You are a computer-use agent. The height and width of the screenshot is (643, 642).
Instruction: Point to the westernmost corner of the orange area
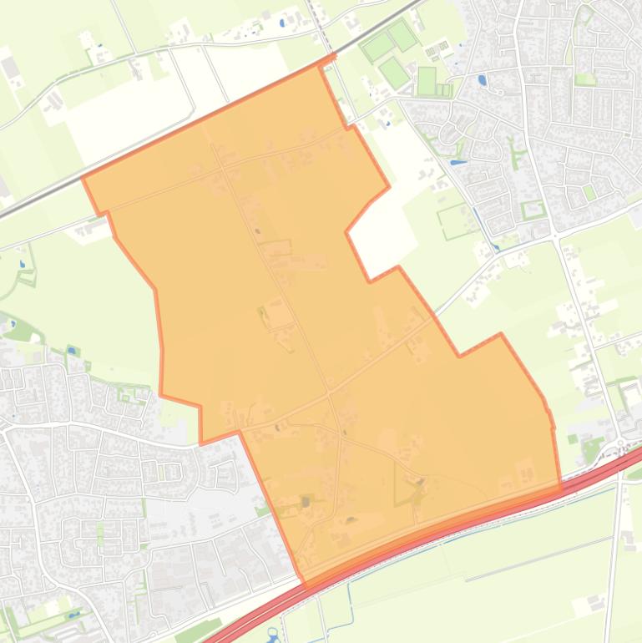(x=83, y=177)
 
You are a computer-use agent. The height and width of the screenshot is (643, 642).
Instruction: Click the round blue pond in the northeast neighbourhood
(x=482, y=81)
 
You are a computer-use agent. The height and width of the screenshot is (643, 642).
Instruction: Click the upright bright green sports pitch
(x=426, y=81)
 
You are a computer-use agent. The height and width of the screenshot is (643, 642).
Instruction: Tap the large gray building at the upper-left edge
(x=11, y=67)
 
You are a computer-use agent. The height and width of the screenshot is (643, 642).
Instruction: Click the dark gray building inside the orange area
(x=306, y=502)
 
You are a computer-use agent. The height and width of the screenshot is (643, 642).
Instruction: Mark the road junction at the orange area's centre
(x=329, y=391)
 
